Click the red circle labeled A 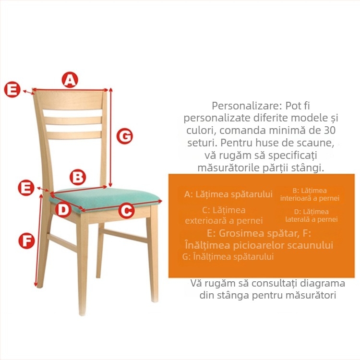70,80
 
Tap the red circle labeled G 125,136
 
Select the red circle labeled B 78,177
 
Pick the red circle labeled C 126,210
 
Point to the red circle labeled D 63,209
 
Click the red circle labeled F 26,240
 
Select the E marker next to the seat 26,188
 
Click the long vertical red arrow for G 111,137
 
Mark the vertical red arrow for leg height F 38,240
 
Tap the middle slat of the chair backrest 73,120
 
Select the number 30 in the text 329,130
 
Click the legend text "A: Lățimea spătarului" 228,194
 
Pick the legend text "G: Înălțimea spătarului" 228,256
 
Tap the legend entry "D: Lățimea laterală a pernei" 312,216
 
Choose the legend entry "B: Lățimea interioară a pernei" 310,194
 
